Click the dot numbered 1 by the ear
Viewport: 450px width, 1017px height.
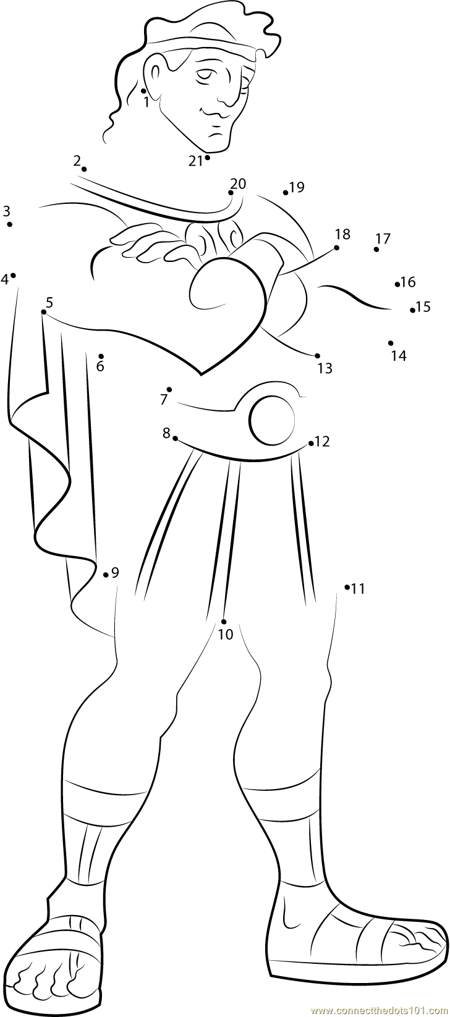point(143,91)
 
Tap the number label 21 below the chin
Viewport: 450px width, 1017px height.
point(196,161)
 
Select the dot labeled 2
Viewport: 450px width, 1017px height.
point(83,169)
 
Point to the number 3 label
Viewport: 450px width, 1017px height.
point(6,211)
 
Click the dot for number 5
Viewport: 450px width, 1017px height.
point(43,312)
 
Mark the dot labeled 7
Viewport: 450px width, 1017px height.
point(169,389)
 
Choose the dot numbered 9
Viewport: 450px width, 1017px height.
point(106,575)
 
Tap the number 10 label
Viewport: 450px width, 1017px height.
point(226,634)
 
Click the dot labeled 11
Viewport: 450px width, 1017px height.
point(347,586)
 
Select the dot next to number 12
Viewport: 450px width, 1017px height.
point(311,442)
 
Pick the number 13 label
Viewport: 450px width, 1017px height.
point(325,368)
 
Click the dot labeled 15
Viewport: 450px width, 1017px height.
point(412,310)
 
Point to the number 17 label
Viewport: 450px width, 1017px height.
point(383,238)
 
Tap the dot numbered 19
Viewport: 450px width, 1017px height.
point(286,193)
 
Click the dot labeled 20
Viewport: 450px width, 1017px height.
point(231,193)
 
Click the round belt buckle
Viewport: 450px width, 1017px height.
point(273,420)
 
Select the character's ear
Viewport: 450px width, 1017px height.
point(155,72)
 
